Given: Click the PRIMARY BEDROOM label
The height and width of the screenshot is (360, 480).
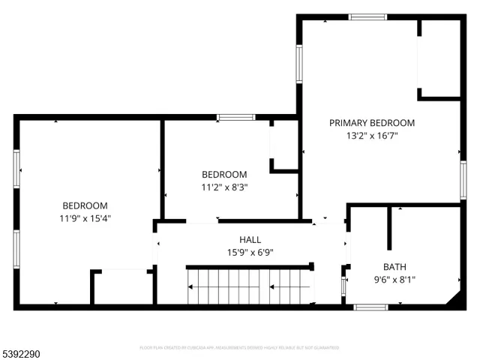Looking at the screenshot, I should (x=372, y=123).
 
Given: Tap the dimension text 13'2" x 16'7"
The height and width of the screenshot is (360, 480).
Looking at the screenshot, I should (x=372, y=136).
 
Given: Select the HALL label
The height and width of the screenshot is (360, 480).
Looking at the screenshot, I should (x=250, y=239).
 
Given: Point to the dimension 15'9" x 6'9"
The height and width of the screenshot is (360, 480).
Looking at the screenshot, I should (x=250, y=252).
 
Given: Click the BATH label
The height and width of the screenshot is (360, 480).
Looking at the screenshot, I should (x=394, y=266).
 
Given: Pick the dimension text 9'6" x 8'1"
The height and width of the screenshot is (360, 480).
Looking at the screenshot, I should (x=394, y=280).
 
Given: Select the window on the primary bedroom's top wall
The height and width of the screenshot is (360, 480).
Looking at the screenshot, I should (x=367, y=17).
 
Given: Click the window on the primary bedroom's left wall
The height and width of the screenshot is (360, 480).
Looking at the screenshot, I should (x=298, y=63).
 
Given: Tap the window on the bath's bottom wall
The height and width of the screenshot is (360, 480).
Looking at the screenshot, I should (x=370, y=307).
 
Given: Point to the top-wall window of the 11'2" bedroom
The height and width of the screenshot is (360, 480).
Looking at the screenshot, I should (x=235, y=117).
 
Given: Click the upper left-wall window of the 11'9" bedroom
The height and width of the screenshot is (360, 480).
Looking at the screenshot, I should (x=16, y=167).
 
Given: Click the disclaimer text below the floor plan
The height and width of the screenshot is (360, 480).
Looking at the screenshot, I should (x=239, y=348).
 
